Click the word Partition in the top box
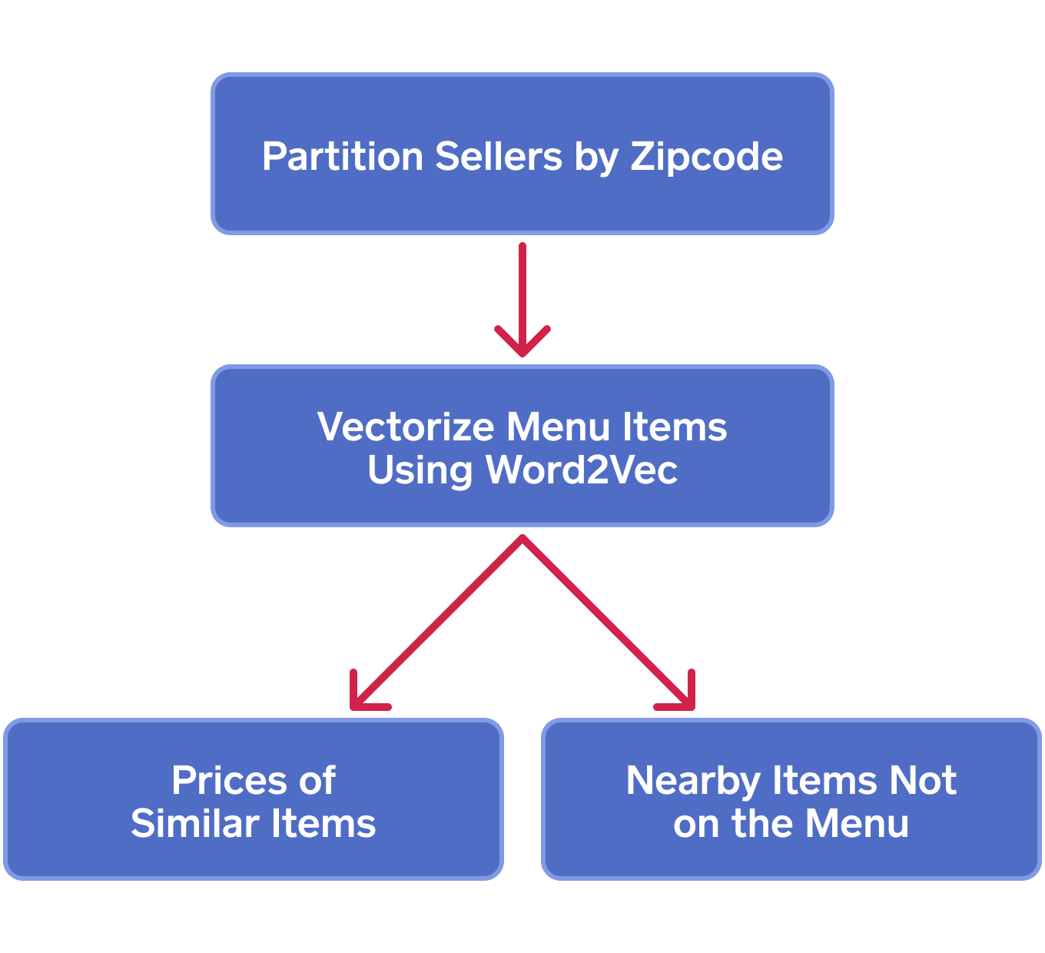pyautogui.click(x=343, y=156)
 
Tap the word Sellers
pyautogui.click(x=499, y=156)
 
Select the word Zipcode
pyautogui.click(x=706, y=158)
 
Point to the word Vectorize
pyautogui.click(x=406, y=427)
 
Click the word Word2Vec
pyautogui.click(x=581, y=470)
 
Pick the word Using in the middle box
pyautogui.click(x=419, y=471)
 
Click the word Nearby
pyautogui.click(x=692, y=782)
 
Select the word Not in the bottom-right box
pyautogui.click(x=922, y=781)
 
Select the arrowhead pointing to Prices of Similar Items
pyautogui.click(x=359, y=699)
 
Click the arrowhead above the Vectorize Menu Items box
pyautogui.click(x=522, y=346)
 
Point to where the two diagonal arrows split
pyautogui.click(x=522, y=539)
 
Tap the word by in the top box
pyautogui.click(x=596, y=158)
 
